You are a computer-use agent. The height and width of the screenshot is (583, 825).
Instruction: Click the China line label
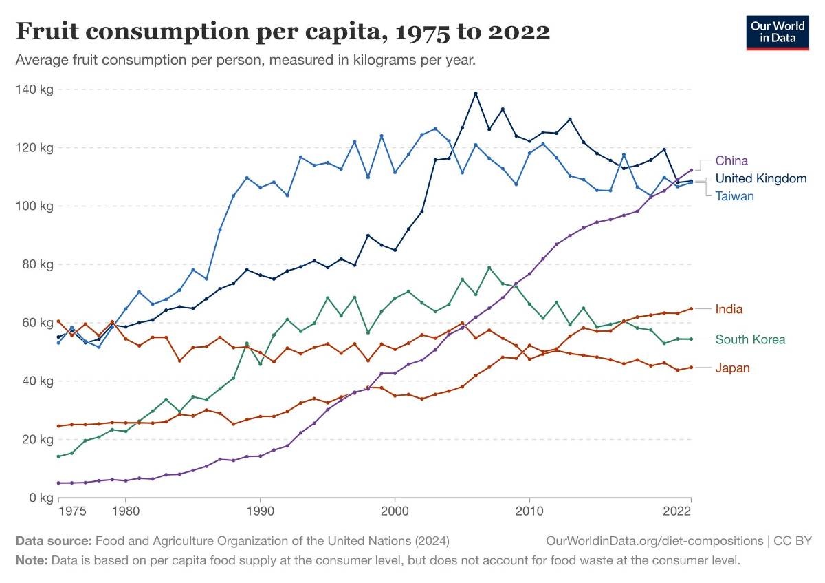(731, 160)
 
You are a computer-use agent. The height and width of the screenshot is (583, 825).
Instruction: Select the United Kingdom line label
(760, 178)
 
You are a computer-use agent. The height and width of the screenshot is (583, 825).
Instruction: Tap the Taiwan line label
(734, 196)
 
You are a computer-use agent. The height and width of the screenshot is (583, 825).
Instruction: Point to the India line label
(729, 309)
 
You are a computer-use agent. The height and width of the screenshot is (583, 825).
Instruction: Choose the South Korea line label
(750, 339)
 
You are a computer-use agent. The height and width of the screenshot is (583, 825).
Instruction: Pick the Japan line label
(732, 368)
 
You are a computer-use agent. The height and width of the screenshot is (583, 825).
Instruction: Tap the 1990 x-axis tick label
(260, 511)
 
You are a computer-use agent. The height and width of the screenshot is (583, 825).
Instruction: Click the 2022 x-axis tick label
(676, 511)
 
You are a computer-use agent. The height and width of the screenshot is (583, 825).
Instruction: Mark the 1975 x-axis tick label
(71, 511)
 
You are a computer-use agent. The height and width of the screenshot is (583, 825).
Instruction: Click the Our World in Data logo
(778, 31)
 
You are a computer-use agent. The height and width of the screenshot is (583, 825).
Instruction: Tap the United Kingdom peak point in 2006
(476, 94)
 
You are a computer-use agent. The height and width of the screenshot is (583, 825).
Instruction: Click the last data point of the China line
(691, 170)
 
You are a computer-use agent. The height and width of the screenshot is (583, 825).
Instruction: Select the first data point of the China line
(58, 483)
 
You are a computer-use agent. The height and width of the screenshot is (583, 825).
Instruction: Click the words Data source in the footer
(54, 540)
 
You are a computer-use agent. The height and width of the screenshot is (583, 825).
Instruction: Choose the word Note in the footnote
(30, 560)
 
